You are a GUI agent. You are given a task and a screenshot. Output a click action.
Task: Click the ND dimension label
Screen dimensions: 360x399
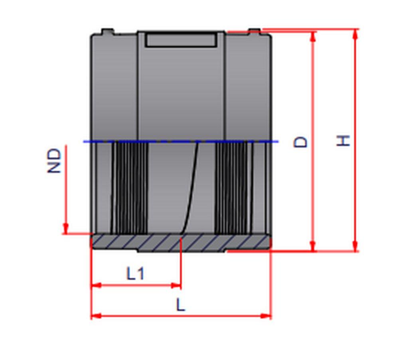(x=55, y=161)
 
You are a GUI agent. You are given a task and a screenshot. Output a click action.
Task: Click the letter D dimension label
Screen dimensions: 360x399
(x=300, y=142)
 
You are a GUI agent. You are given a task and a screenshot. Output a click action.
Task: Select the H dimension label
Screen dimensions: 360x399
(x=343, y=141)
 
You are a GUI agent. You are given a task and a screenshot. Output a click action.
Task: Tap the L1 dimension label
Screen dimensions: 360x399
(x=136, y=274)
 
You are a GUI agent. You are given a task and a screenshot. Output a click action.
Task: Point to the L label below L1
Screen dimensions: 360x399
(x=181, y=305)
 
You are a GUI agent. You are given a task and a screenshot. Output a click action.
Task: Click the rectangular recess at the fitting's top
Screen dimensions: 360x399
(x=181, y=40)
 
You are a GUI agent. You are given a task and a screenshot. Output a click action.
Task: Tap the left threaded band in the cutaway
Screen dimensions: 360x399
(x=128, y=187)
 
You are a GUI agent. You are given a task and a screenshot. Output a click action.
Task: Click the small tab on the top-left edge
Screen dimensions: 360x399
(x=107, y=31)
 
